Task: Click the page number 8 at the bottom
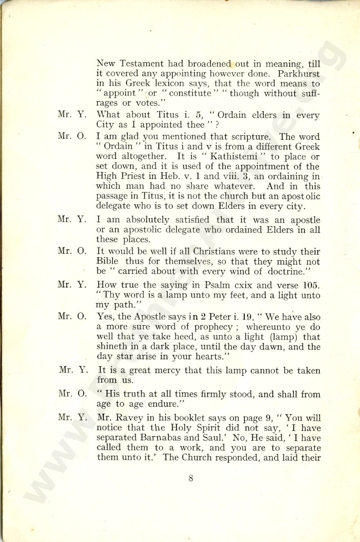click(x=191, y=478)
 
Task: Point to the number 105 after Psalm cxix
click(x=311, y=285)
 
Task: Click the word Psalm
click(x=214, y=285)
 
